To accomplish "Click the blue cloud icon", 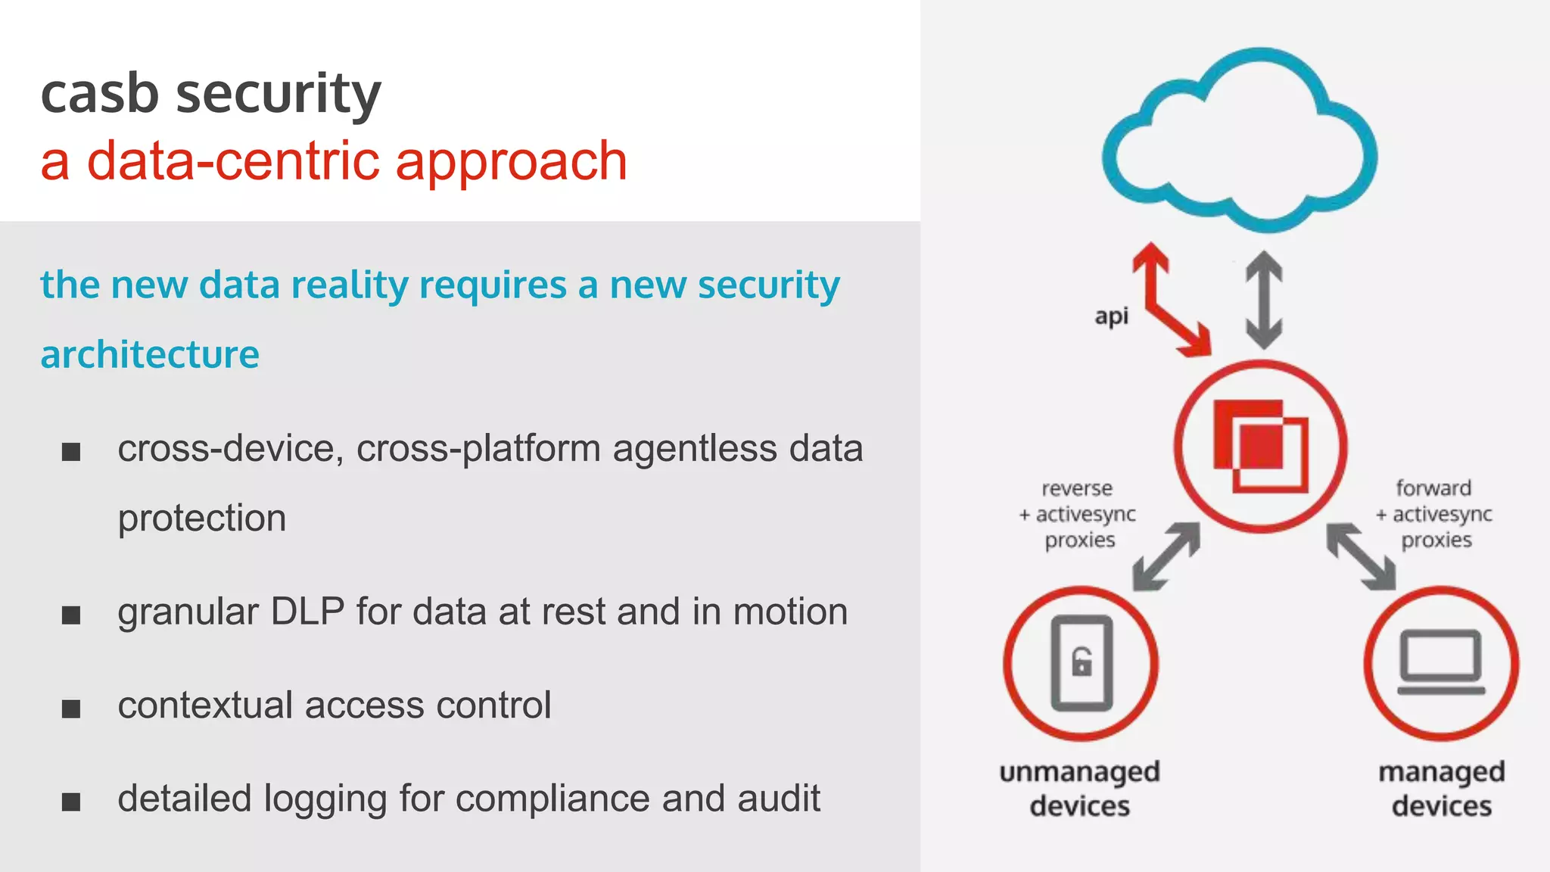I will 1240,140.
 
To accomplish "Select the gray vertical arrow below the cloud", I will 1264,300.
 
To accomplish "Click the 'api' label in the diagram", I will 1111,316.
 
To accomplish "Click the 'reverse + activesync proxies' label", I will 1078,514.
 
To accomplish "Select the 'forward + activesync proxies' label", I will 1434,514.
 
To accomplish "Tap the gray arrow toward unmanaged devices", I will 1166,556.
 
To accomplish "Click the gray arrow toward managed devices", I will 1361,557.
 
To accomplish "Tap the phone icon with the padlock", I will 1082,663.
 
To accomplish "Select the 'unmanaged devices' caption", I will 1080,789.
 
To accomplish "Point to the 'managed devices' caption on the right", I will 1441,789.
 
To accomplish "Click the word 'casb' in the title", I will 99,94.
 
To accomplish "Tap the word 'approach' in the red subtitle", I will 512,162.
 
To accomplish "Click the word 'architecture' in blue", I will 150,355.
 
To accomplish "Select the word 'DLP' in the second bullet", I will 307,612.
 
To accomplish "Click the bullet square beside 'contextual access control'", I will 71,708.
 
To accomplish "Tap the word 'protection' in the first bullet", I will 202,519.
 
